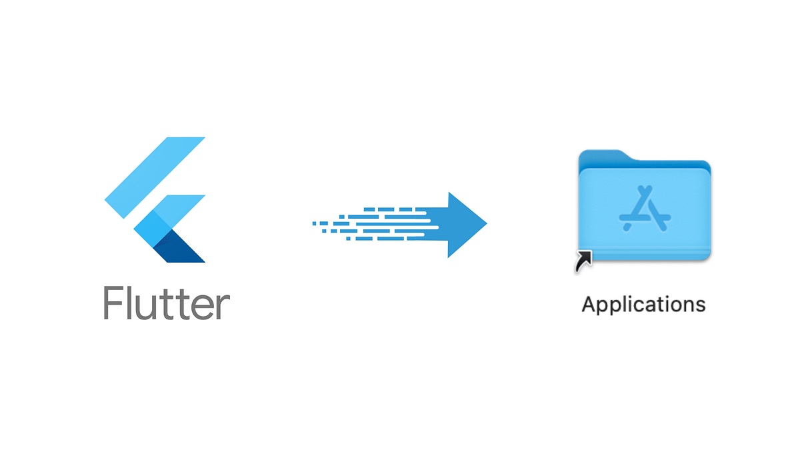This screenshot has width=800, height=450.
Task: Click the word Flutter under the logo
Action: click(167, 303)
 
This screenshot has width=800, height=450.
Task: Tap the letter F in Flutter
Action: click(112, 303)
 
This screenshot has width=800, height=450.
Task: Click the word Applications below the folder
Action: click(643, 305)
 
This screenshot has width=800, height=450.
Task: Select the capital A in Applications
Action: click(590, 304)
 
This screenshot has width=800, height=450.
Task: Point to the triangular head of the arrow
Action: click(467, 225)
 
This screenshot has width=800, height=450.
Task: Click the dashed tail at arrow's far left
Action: click(327, 224)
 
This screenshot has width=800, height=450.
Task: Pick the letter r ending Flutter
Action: click(224, 307)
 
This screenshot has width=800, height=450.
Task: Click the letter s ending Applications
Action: click(700, 306)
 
